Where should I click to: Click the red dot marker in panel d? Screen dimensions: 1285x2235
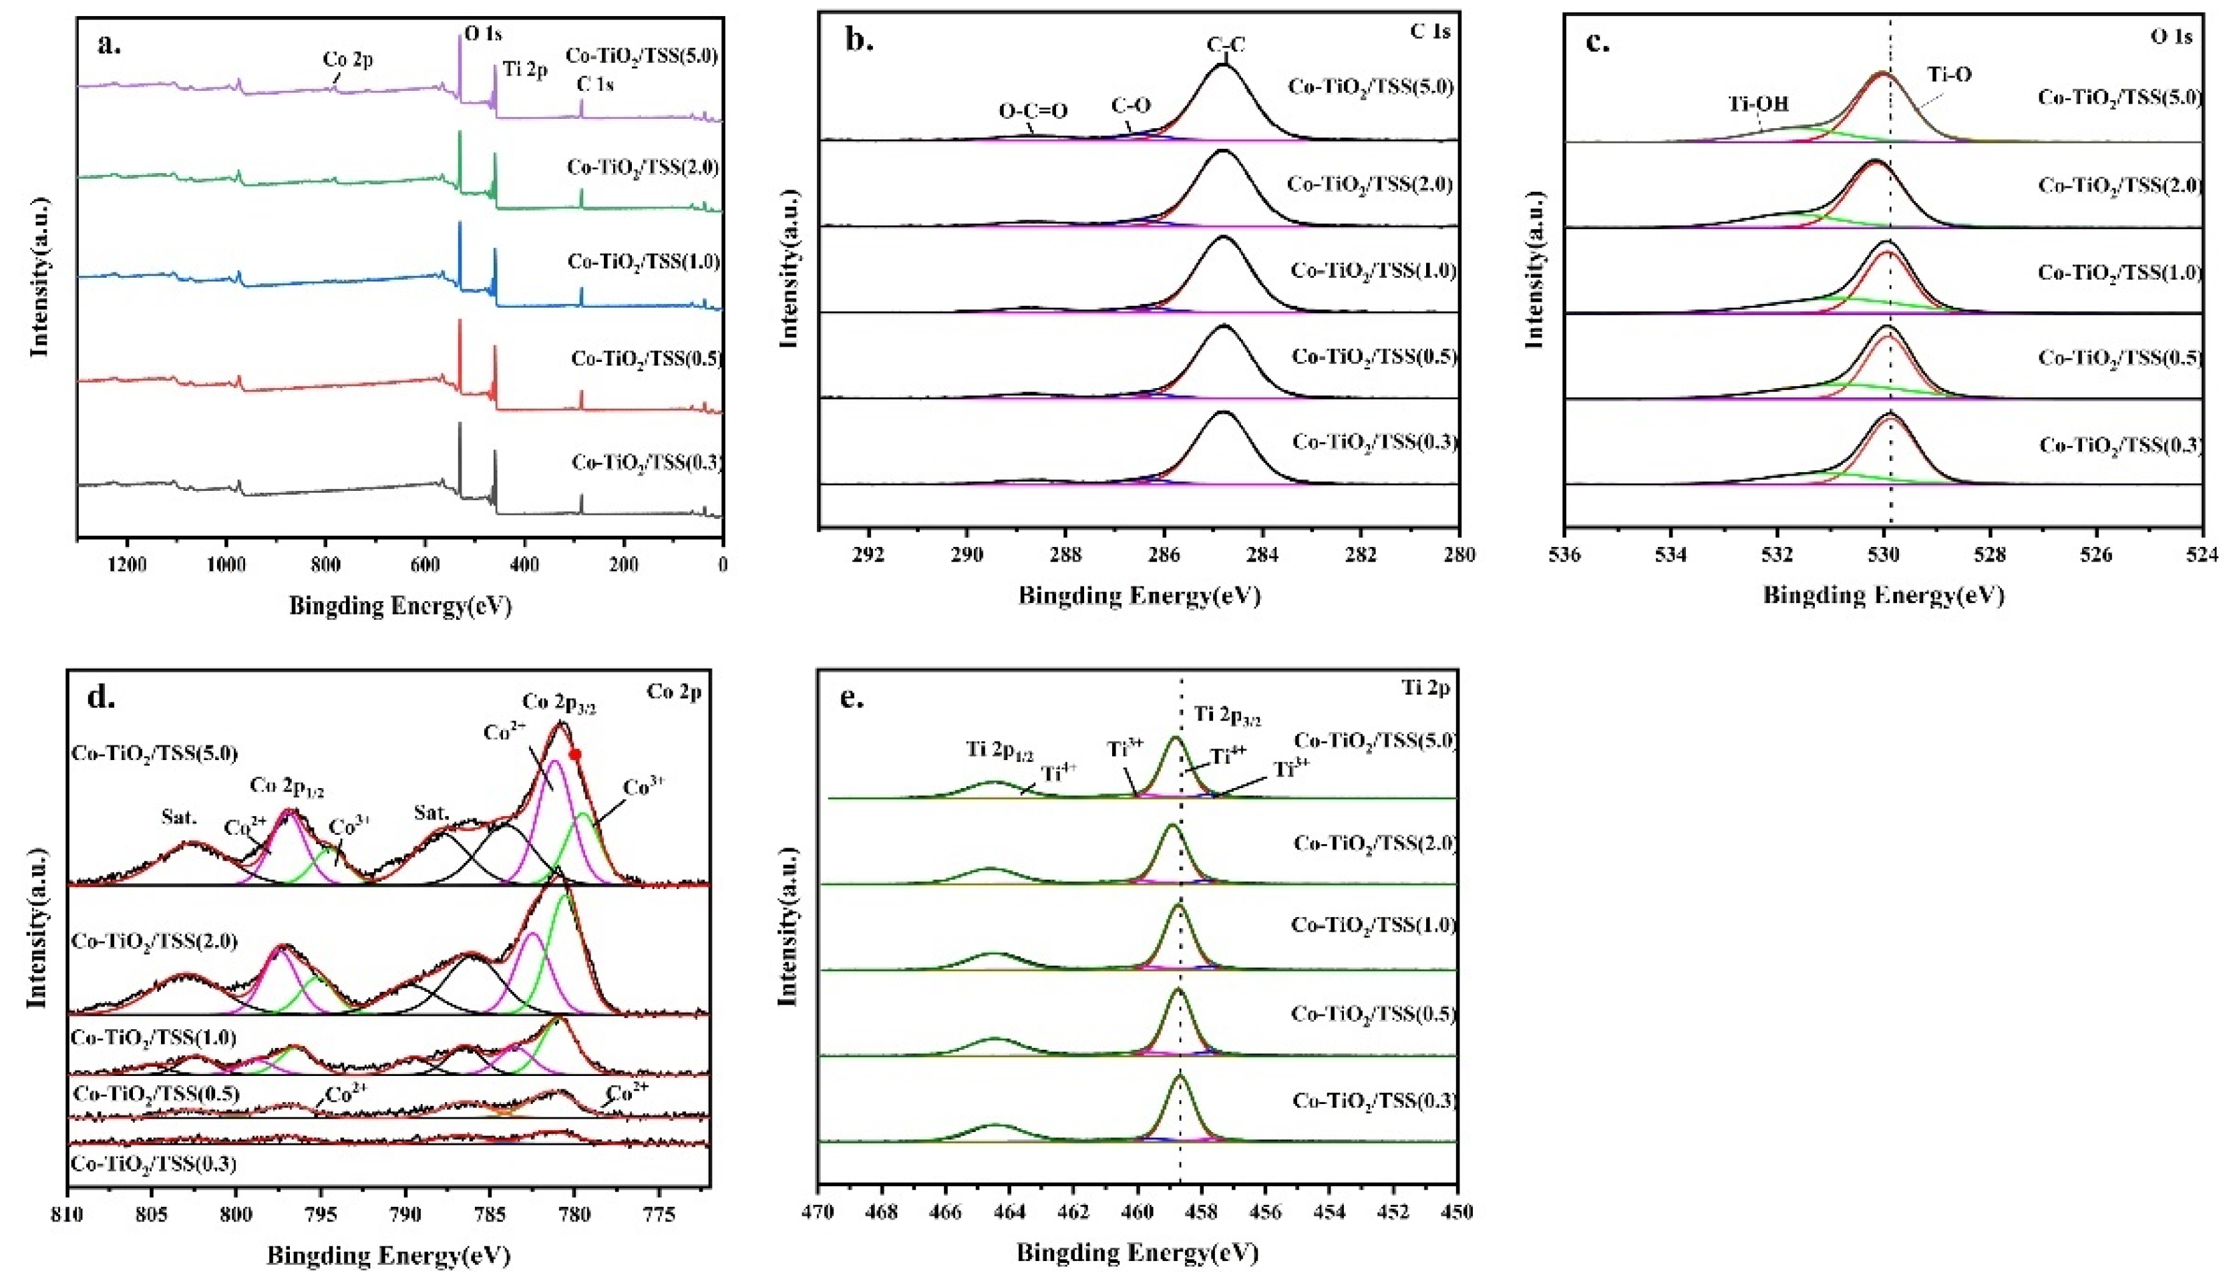click(x=576, y=753)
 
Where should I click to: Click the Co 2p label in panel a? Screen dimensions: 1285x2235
click(x=347, y=61)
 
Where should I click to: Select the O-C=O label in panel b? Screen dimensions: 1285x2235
click(x=1033, y=111)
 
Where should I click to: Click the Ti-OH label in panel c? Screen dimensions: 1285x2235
click(x=1757, y=128)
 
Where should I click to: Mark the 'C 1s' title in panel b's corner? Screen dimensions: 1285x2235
click(x=1430, y=33)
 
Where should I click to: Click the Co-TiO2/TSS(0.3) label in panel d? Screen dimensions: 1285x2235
click(x=154, y=1163)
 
